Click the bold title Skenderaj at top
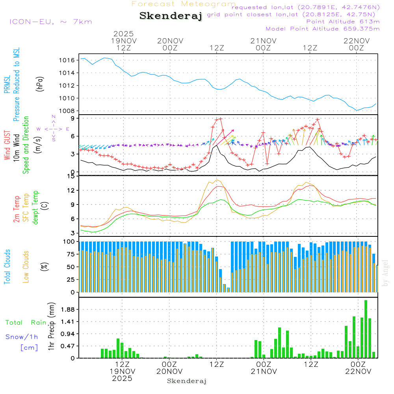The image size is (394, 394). [171, 16]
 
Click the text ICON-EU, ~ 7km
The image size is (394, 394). [50, 22]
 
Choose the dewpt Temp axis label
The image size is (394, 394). [36, 208]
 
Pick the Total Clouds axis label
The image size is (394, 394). [7, 267]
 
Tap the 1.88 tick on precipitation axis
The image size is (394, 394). [68, 309]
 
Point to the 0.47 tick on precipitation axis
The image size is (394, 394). [68, 346]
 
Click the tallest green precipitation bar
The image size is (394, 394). [366, 329]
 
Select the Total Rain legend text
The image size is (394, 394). [26, 322]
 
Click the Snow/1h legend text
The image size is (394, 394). [22, 337]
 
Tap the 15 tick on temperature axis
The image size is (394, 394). [71, 176]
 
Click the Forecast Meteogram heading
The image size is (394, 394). [184, 4]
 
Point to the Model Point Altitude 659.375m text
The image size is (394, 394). [323, 29]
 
